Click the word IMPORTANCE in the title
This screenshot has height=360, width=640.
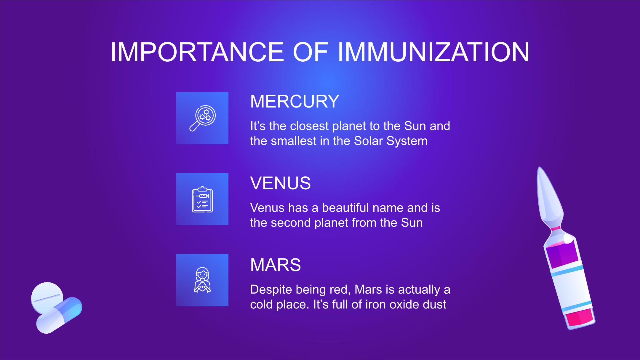pos(197,52)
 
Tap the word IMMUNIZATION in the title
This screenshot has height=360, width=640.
pos(433,52)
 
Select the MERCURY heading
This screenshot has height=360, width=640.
pos(295,101)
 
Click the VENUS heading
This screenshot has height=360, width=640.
pos(280,183)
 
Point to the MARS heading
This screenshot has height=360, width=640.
pos(275,265)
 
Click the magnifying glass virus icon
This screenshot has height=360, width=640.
pos(202,118)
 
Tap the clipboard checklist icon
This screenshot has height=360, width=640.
pos(202,199)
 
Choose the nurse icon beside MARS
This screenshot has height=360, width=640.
pos(202,280)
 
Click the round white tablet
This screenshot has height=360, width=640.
pos(47,297)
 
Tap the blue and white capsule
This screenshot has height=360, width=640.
pos(59,315)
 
